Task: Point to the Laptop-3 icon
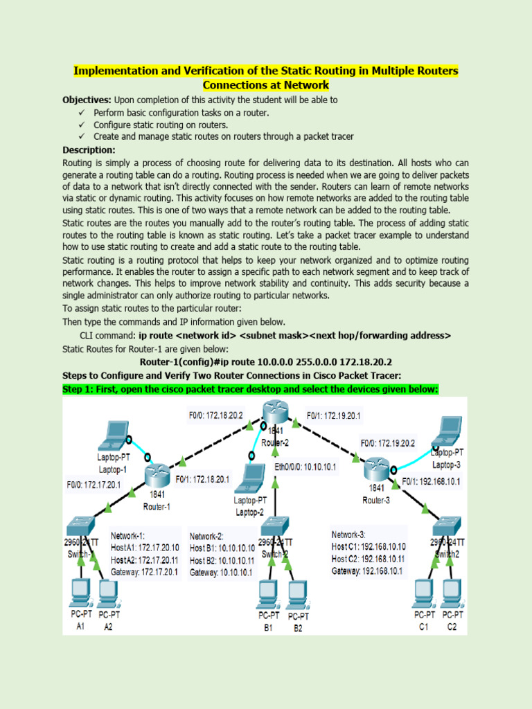tap(445, 431)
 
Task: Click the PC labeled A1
tap(80, 592)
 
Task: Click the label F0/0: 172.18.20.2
tap(215, 416)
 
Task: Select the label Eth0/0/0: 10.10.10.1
tap(305, 467)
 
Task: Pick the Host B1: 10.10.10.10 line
tap(222, 548)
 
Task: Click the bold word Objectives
tap(87, 100)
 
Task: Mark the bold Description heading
tap(89, 150)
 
